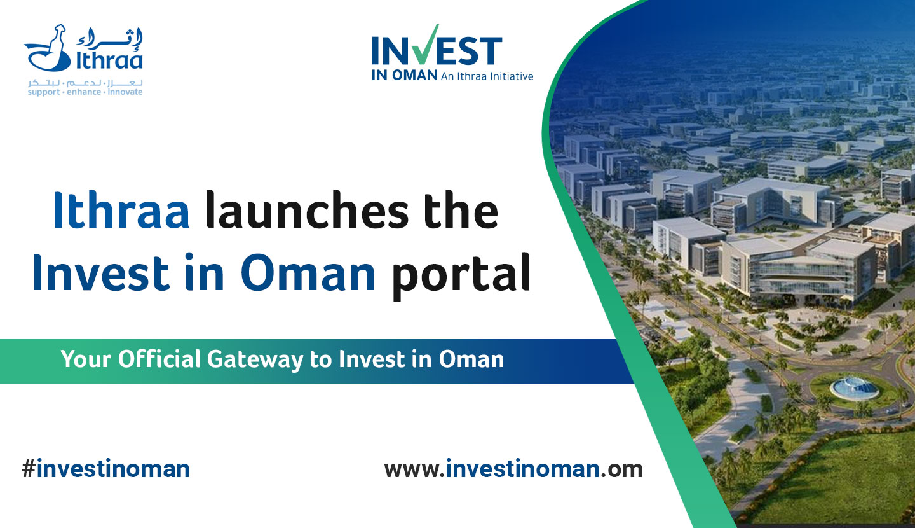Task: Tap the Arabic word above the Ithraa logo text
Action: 109,38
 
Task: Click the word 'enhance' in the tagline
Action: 84,92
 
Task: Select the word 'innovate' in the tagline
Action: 125,92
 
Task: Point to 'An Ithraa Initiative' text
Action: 487,76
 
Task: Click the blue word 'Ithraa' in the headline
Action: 121,210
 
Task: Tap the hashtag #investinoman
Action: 105,469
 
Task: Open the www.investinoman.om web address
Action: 513,469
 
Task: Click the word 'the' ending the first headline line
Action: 461,210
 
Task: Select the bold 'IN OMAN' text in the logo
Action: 404,76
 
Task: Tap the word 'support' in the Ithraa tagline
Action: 44,92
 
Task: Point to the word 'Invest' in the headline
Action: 100,272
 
